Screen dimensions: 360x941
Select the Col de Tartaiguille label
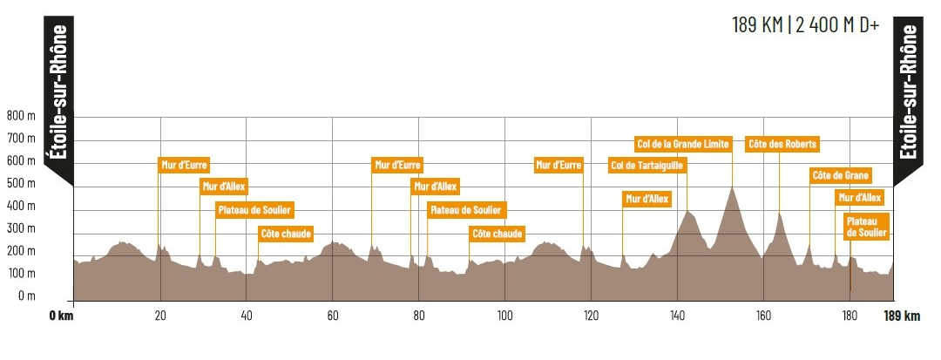[647, 165]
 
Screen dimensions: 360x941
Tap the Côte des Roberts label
[782, 144]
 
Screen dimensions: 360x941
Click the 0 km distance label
[61, 316]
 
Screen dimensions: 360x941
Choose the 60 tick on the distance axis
[332, 316]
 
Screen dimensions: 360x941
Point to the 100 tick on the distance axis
[504, 316]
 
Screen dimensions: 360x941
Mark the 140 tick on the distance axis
[677, 316]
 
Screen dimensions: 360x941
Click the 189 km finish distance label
[902, 316]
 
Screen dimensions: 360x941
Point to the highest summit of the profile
[733, 187]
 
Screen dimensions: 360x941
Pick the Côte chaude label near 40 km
[285, 233]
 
